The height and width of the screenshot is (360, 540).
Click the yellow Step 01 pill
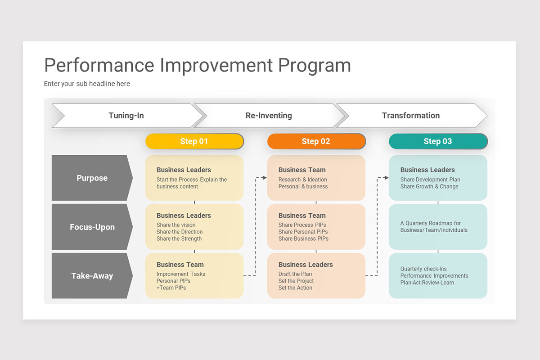[194, 141]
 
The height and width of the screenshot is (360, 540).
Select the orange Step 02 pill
[316, 141]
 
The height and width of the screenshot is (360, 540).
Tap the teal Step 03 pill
[437, 141]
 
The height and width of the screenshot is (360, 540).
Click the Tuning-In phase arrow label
[126, 116]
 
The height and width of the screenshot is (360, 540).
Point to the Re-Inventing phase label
[269, 116]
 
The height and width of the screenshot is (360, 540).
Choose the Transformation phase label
[410, 116]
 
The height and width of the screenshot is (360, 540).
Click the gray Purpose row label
[92, 178]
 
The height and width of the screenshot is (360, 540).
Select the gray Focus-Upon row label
[92, 227]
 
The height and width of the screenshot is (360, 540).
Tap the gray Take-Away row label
[92, 276]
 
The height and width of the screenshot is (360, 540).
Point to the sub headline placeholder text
[87, 84]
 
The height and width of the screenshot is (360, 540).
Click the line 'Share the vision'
[176, 225]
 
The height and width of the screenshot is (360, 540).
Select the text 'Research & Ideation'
[302, 180]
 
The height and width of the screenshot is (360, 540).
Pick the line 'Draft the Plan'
[295, 274]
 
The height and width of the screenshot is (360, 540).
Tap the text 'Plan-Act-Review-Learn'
[427, 283]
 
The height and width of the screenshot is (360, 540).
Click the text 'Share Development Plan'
[430, 180]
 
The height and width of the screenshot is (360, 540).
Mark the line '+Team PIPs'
[171, 288]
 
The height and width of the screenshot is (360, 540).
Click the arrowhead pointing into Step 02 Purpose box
[264, 178]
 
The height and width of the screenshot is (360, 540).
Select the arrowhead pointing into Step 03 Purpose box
[386, 178]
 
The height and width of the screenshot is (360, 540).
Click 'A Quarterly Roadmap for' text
[431, 223]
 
